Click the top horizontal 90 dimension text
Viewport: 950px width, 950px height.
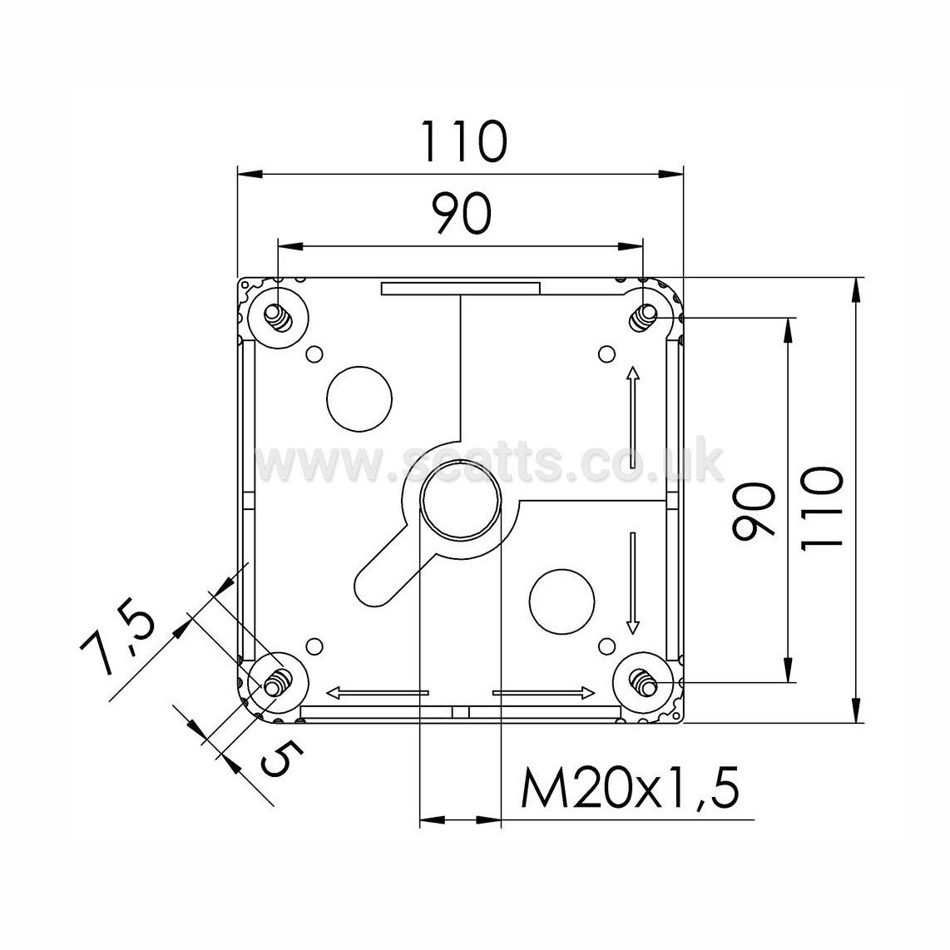[461, 213]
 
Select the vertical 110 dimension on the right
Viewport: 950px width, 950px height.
[822, 507]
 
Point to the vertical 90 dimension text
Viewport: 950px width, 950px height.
[754, 511]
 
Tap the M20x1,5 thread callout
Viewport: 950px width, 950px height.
[630, 788]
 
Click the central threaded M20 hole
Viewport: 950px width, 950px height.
[461, 499]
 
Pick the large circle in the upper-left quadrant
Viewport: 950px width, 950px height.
[359, 398]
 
